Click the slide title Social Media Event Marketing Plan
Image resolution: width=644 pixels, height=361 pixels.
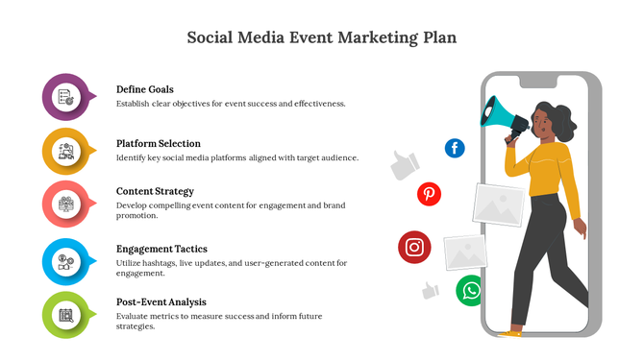[321, 38]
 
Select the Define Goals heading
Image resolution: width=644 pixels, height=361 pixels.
[145, 89]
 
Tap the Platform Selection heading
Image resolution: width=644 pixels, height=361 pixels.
[159, 143]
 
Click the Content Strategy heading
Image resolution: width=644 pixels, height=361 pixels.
[155, 191]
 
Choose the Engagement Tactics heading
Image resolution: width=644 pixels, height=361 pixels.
[161, 249]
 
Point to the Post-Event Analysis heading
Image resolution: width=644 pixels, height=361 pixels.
[161, 301]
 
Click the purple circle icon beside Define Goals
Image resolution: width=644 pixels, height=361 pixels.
[65, 96]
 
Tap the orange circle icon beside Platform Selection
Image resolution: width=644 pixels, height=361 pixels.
[65, 150]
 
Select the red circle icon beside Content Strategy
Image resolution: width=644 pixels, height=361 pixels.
[65, 204]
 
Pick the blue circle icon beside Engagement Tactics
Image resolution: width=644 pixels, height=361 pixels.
[65, 259]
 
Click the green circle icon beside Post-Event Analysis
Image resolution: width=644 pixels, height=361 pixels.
[65, 314]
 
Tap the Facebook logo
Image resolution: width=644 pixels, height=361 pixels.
[455, 148]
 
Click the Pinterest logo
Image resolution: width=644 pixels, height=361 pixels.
[429, 195]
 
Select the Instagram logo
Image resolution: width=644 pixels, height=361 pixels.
[414, 247]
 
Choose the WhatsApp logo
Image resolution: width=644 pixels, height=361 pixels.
[470, 290]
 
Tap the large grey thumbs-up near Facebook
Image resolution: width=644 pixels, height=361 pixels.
[405, 166]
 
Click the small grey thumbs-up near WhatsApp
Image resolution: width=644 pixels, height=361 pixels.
[430, 290]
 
